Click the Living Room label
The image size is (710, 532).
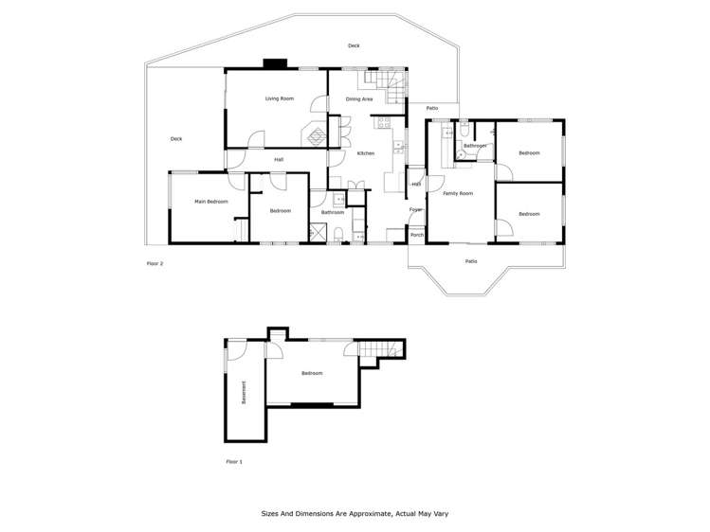[x=279, y=98]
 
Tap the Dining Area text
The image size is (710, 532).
[x=358, y=98]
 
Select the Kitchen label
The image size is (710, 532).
[x=365, y=153]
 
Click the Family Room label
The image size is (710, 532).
[x=458, y=193]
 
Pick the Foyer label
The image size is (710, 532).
[x=415, y=209]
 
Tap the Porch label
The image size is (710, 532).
[x=416, y=235]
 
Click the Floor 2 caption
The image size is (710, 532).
[x=155, y=263]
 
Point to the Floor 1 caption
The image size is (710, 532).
[x=234, y=462]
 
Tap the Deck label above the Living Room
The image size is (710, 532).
[x=354, y=45]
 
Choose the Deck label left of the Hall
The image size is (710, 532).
[x=175, y=139]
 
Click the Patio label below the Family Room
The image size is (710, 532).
[x=471, y=261]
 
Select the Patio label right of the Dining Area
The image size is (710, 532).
[x=431, y=108]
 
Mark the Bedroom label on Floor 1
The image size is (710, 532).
[x=312, y=373]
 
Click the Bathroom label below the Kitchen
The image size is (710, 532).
[x=332, y=212]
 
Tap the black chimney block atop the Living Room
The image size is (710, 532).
[x=275, y=64]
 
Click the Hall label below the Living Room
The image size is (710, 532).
[x=279, y=159]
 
